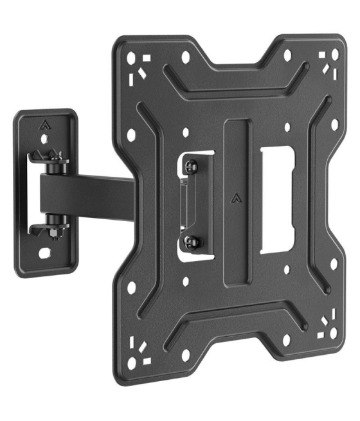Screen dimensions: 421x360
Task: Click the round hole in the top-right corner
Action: click(x=332, y=55)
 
